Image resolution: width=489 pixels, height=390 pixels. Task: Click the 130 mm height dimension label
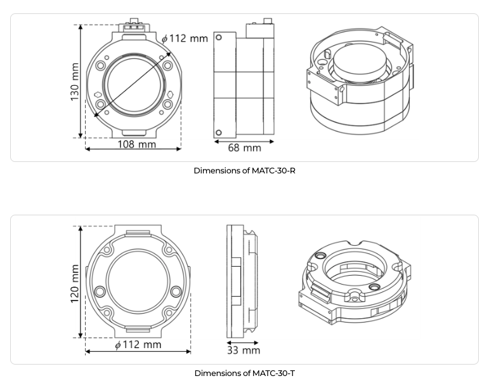click(75, 82)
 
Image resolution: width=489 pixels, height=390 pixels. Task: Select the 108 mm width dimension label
click(136, 144)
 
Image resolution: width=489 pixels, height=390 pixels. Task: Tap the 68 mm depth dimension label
click(245, 148)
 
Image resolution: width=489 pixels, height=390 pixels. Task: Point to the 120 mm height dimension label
click(75, 283)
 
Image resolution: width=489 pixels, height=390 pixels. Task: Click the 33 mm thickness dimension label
click(244, 351)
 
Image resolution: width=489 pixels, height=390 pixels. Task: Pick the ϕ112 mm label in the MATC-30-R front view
click(185, 38)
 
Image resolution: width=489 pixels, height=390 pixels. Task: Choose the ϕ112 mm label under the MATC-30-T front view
click(138, 345)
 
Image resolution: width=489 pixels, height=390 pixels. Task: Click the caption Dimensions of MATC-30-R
click(245, 170)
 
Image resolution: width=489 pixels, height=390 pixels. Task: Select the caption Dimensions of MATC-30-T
click(245, 373)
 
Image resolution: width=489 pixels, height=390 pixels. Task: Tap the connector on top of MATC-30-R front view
click(134, 25)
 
